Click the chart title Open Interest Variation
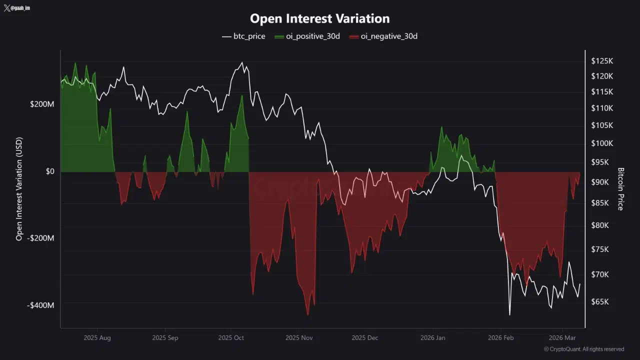point(319,18)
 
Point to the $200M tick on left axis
point(42,104)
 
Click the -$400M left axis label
point(41,305)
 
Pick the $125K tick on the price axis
point(602,61)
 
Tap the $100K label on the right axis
point(602,143)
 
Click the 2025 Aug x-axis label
point(97,338)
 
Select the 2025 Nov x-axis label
point(299,338)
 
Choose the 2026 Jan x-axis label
point(433,338)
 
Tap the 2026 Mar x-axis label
point(562,338)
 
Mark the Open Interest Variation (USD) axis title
point(19,189)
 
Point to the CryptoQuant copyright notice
point(583,349)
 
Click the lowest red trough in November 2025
point(307,315)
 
